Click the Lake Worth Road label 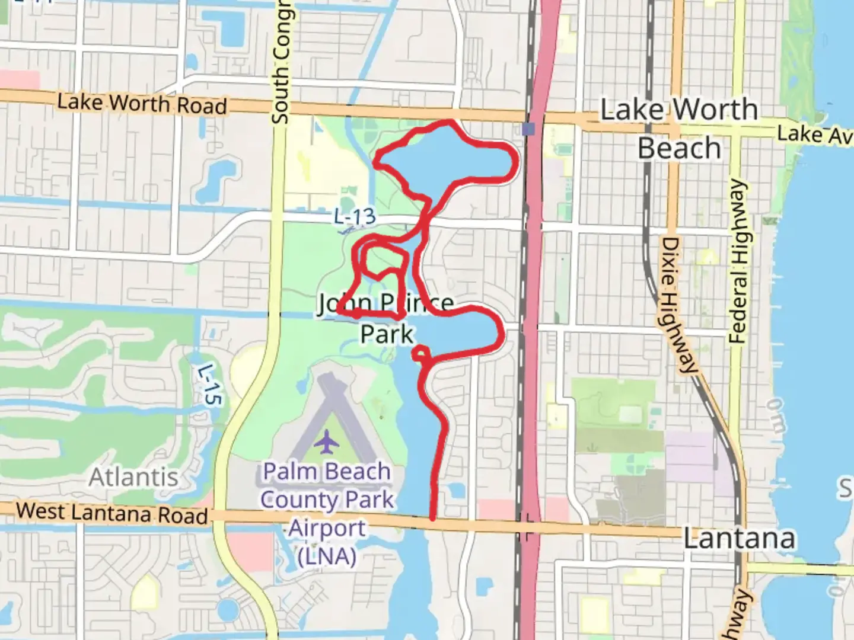click(142, 104)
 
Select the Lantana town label click(739, 539)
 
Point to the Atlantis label click(133, 477)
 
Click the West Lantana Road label click(112, 513)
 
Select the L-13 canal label click(355, 216)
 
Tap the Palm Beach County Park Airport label click(327, 500)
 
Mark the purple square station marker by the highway click(529, 129)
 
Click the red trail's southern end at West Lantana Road click(433, 518)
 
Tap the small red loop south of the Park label click(420, 353)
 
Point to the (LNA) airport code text click(327, 556)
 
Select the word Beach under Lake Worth click(679, 148)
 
